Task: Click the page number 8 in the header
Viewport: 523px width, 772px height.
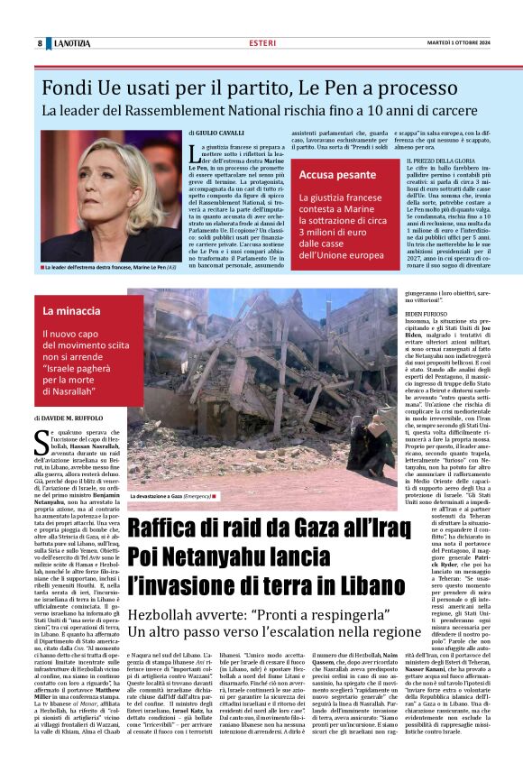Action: pos(40,43)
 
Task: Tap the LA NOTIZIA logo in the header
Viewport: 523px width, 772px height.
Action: pos(73,43)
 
